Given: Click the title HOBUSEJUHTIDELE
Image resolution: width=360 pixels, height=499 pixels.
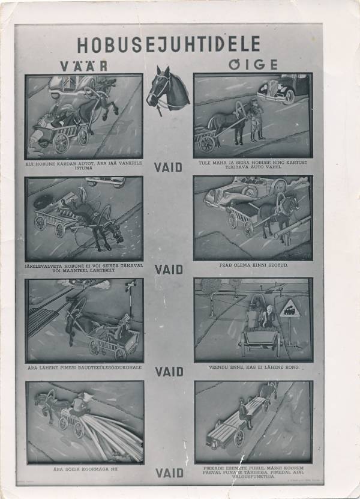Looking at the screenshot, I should [169, 44].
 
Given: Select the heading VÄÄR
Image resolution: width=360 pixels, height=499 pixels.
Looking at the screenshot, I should [83, 65].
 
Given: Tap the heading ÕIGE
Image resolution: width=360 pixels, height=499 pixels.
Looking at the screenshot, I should [253, 64].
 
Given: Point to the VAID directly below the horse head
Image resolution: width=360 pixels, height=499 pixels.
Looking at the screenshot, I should [169, 167].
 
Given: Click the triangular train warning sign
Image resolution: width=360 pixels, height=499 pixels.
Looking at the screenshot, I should [290, 310].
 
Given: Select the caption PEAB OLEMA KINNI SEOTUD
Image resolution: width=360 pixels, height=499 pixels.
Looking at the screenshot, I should [253, 265].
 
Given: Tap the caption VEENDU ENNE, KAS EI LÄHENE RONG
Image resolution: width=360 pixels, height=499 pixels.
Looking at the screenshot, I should [253, 367].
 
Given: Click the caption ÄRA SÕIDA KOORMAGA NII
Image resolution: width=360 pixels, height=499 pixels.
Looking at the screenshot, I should [85, 468].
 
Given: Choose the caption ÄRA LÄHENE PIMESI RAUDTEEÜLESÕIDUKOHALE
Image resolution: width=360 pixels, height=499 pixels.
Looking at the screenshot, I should [85, 367].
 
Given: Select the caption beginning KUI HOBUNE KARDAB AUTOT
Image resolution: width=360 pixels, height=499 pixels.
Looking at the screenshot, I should [84, 165].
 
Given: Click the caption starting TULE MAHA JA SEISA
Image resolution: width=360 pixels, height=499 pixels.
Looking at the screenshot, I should [253, 165].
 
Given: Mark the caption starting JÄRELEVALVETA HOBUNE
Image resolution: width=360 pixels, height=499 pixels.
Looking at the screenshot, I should [84, 267].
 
